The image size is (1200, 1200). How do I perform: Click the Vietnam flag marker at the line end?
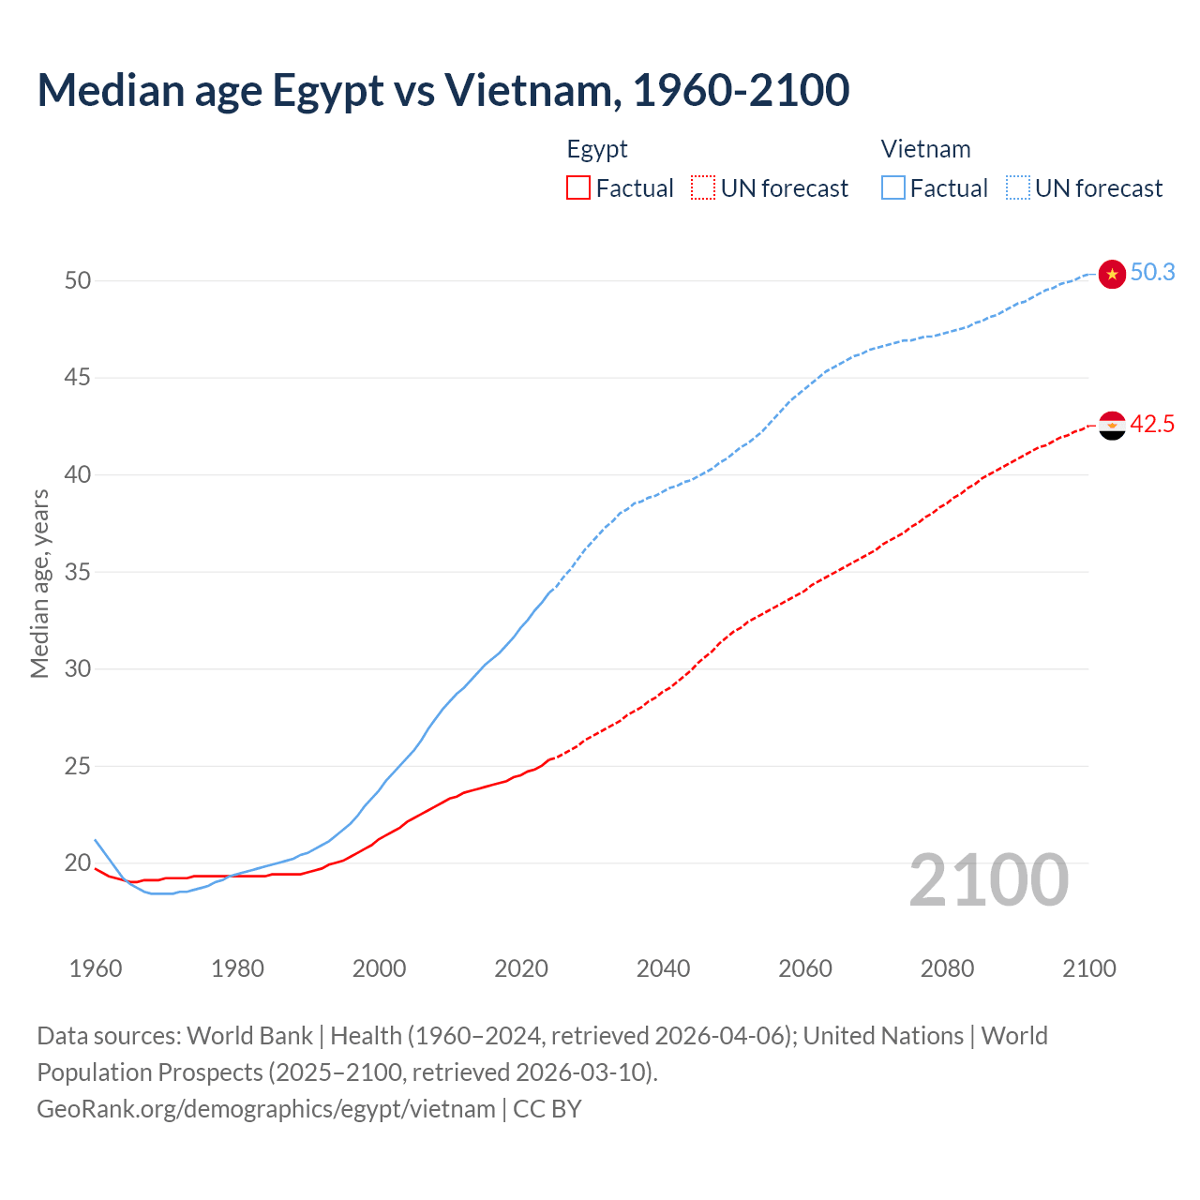point(1112,274)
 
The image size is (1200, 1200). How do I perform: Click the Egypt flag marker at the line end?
point(1112,426)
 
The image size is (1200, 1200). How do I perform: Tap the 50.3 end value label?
point(1152,273)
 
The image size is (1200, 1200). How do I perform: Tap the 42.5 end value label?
point(1152,425)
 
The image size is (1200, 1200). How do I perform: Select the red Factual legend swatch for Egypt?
point(578,188)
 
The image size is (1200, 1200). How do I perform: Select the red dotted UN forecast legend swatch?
point(703,188)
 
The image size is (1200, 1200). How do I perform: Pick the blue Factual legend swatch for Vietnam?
point(893,188)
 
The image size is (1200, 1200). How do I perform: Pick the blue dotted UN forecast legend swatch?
point(1018,188)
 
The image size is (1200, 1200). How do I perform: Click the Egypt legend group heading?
point(597,149)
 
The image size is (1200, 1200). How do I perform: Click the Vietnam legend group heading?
point(925,149)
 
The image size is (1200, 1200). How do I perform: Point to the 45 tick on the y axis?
point(78,378)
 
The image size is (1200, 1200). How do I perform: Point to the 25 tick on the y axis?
point(78,766)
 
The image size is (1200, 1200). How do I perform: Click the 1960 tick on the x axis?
point(96,968)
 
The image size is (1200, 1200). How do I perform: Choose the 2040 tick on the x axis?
point(663,968)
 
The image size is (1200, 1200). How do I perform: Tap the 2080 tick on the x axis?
point(947,968)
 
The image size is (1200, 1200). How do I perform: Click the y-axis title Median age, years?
point(40,583)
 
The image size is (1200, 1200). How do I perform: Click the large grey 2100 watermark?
point(988,879)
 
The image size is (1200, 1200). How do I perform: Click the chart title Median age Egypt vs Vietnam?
point(443,90)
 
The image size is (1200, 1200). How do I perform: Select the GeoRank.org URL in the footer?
point(266,1109)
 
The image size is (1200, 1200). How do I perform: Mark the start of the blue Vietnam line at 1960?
point(96,840)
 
